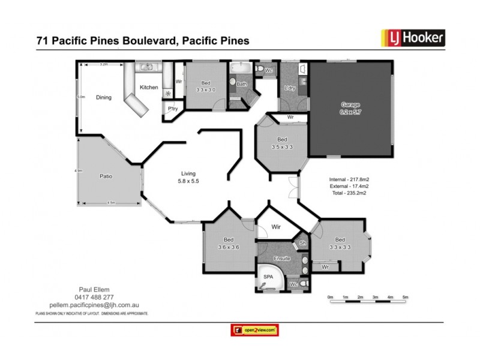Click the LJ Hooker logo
413,38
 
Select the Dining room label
104,97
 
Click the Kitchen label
149,88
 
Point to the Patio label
106,176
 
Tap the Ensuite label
282,259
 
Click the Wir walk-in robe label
277,227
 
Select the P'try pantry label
172,109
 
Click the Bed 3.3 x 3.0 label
206,86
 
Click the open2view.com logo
256,330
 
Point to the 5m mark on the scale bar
405,298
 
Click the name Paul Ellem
92,289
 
